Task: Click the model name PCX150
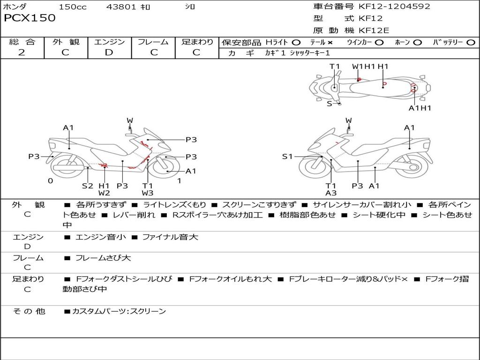(x=30, y=18)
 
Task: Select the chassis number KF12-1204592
(x=394, y=7)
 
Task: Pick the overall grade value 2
(x=22, y=52)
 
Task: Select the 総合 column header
(x=22, y=42)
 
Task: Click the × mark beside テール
(x=330, y=42)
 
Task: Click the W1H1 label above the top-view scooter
(x=364, y=67)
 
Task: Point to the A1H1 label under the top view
(x=420, y=108)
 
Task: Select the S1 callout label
(x=287, y=157)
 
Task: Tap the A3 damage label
(x=331, y=193)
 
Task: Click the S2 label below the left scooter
(x=88, y=186)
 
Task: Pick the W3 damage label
(x=148, y=193)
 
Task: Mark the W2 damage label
(x=104, y=193)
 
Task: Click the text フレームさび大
(x=103, y=258)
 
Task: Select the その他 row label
(x=29, y=311)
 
